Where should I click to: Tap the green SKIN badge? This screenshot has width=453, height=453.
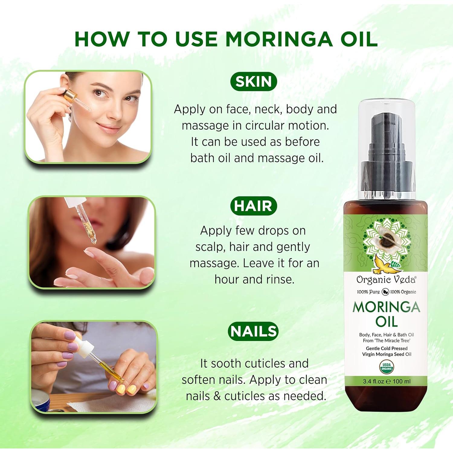[x=253, y=82]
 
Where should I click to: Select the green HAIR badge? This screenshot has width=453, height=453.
[x=253, y=206]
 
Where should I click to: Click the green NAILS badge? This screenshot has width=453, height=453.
[x=253, y=331]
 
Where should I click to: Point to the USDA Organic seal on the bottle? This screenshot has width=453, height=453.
[x=387, y=367]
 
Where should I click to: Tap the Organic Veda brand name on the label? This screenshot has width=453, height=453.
[x=386, y=280]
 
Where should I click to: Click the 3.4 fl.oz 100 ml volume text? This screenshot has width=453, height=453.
[x=387, y=381]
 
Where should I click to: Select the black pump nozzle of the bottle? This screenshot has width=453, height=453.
[x=387, y=142]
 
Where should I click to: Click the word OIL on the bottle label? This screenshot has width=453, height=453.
[x=387, y=322]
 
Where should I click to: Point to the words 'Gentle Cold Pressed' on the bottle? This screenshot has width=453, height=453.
[x=387, y=348]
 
